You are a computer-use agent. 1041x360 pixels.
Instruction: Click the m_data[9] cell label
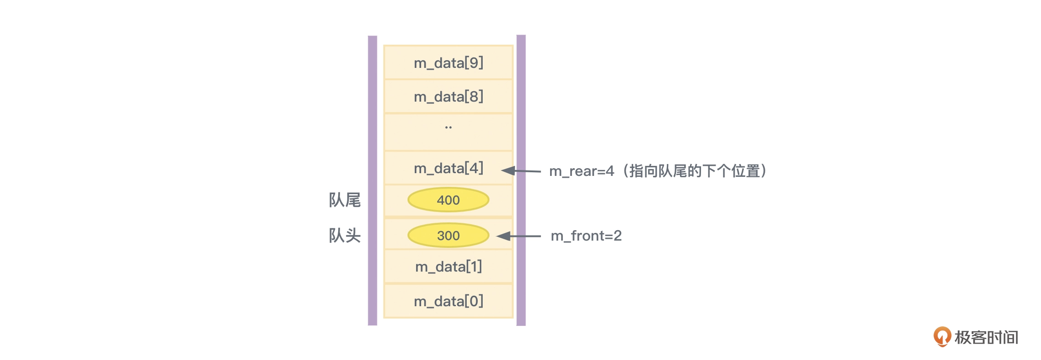pos(448,63)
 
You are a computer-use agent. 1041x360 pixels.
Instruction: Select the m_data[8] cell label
pos(448,97)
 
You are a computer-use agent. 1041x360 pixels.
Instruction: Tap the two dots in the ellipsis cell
pos(448,128)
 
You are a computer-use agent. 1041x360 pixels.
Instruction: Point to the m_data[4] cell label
pos(448,169)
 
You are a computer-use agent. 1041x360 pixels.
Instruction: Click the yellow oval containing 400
pos(448,200)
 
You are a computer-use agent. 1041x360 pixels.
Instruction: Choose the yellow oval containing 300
pos(448,236)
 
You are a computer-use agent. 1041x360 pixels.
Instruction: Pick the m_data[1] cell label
pos(448,267)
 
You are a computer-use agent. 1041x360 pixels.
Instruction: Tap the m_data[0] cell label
pos(448,301)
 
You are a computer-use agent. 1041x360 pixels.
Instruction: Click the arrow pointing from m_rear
pos(521,171)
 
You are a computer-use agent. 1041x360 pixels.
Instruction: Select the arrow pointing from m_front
pos(518,236)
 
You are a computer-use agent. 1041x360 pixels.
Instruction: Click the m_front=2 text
pos(586,236)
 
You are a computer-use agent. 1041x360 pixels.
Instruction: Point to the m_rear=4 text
pos(582,171)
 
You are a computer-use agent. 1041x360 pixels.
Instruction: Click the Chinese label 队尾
pos(345,200)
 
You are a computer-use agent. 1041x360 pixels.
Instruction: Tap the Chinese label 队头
pos(345,236)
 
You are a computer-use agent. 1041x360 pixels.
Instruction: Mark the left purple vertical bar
pos(372,180)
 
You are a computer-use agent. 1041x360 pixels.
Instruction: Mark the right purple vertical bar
pos(521,180)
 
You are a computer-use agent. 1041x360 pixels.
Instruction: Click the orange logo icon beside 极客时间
pos(942,337)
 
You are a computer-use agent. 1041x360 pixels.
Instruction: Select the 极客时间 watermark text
pos(986,338)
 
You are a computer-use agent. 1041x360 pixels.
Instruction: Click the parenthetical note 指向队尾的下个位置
pos(695,171)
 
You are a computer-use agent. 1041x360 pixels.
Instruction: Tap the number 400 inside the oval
pos(448,200)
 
